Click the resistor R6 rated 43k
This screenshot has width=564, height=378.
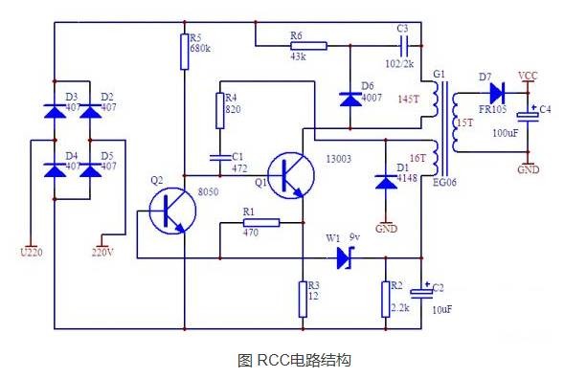coord(307,44)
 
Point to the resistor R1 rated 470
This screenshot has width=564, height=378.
coord(259,223)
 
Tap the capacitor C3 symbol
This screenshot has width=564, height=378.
coord(402,44)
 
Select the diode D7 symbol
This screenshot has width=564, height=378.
coord(496,93)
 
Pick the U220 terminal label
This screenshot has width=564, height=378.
coord(31,253)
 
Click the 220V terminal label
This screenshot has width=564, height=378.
coord(102,253)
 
